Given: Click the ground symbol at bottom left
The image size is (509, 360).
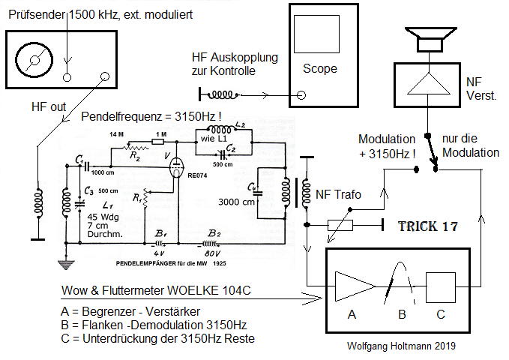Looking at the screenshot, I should pyautogui.click(x=67, y=264).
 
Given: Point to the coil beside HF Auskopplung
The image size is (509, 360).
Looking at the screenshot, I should pyautogui.click(x=223, y=94).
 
